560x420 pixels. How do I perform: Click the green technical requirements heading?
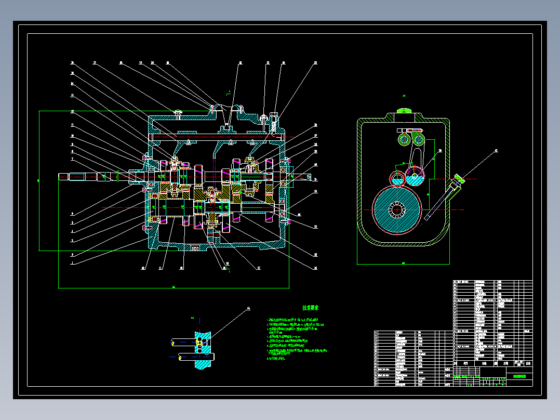(x=310, y=308)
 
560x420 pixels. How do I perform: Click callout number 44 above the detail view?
(x=248, y=308)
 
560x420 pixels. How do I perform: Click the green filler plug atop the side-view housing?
(x=404, y=110)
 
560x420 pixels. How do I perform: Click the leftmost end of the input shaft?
(x=60, y=177)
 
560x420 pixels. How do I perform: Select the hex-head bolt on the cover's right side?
(x=274, y=117)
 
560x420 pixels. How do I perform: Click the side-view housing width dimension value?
(x=404, y=263)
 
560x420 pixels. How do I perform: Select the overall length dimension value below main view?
(x=174, y=286)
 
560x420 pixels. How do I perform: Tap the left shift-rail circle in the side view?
(x=404, y=139)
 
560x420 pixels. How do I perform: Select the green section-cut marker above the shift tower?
(x=229, y=93)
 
